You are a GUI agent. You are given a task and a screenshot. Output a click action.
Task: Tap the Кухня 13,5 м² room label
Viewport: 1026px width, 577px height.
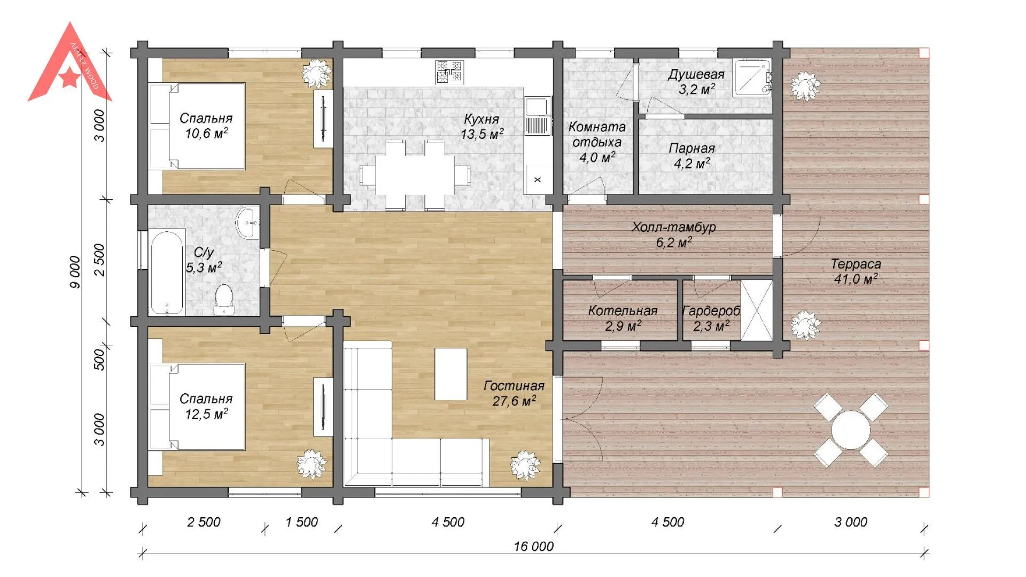click(x=482, y=127)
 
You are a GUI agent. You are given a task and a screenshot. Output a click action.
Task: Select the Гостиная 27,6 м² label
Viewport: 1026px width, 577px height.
click(x=514, y=393)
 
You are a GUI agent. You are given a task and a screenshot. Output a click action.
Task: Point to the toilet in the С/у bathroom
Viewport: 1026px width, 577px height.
click(x=223, y=300)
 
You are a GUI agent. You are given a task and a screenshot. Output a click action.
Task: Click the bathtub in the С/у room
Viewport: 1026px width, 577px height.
click(x=167, y=272)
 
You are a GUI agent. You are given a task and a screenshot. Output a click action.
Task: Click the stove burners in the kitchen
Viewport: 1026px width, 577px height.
click(x=449, y=72)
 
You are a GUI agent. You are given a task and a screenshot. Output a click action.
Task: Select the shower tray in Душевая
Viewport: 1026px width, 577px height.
click(x=752, y=78)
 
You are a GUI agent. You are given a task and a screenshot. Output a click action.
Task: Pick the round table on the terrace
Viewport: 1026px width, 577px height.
click(x=851, y=430)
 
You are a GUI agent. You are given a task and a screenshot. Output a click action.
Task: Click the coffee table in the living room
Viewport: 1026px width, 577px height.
click(x=450, y=374)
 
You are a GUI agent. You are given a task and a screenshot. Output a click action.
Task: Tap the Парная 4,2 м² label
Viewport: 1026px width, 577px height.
click(x=692, y=156)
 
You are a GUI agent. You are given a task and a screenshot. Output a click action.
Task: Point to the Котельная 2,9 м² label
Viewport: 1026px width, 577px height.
click(x=623, y=318)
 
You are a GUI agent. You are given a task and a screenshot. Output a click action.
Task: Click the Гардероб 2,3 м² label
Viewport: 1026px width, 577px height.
click(x=711, y=318)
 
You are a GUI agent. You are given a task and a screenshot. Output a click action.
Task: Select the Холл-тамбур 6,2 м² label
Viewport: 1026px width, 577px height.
click(x=674, y=235)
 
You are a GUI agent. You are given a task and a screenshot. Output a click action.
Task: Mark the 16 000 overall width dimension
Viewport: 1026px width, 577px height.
click(x=534, y=546)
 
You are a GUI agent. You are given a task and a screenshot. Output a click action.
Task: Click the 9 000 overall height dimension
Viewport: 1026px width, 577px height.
click(x=75, y=272)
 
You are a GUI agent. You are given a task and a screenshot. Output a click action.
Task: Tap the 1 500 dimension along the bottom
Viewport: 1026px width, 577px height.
click(x=301, y=522)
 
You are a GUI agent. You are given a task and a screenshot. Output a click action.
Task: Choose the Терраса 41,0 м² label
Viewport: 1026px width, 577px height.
click(x=856, y=271)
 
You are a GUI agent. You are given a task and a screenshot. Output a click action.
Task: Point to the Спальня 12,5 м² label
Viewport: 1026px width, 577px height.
click(x=206, y=406)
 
